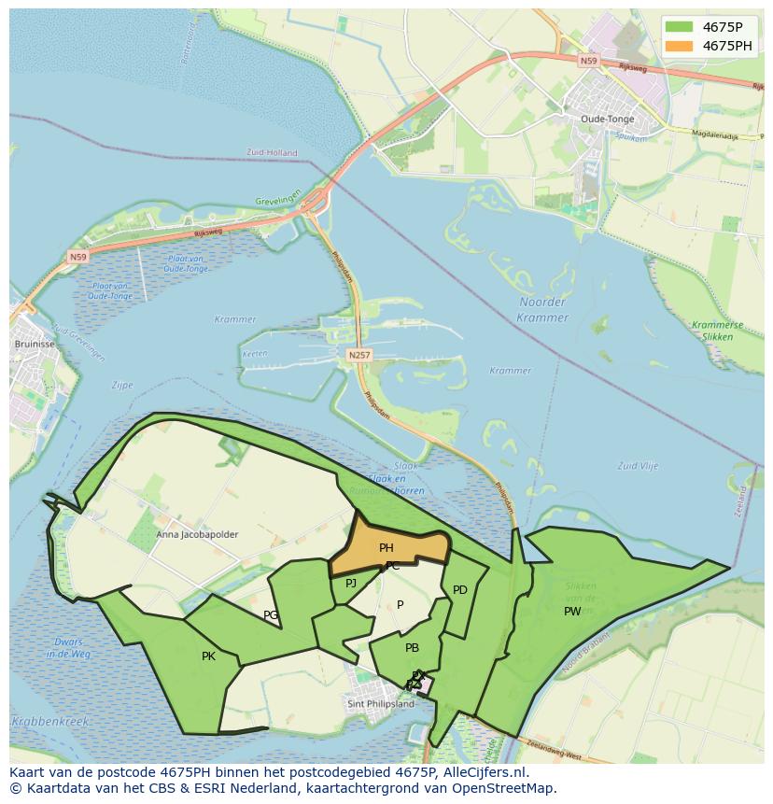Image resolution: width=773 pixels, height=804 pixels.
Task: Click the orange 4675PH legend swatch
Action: pos(679,46)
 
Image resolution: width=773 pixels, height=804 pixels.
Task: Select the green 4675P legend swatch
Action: pos(679,27)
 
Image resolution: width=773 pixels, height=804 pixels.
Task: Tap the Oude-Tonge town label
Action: pos(607,119)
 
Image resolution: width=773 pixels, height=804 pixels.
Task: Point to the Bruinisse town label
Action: pos(34,344)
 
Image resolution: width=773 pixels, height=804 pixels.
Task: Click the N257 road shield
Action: pos(358,355)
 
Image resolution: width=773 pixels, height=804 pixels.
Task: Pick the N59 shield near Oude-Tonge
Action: pos(587,61)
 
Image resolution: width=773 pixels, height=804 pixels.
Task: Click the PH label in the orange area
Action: pos(386,548)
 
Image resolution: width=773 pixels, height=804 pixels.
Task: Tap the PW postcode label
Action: pos(572,612)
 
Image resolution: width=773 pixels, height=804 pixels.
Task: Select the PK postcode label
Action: pos(208,656)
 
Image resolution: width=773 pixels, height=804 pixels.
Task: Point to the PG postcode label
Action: pos(271,615)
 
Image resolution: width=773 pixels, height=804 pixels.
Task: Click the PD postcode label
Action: pos(459,590)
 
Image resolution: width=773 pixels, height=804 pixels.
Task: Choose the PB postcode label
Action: pos(412,648)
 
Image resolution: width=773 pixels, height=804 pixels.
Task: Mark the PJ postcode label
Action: pos(351,584)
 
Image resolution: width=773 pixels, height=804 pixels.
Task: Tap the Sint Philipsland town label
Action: pos(380,704)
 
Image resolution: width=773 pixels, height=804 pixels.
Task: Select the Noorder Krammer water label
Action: pos(541,309)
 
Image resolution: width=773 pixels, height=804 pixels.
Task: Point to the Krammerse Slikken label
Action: pos(718,330)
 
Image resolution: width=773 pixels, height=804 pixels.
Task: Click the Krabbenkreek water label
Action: pos(50,722)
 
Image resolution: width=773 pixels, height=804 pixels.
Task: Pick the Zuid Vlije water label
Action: pos(638,465)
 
